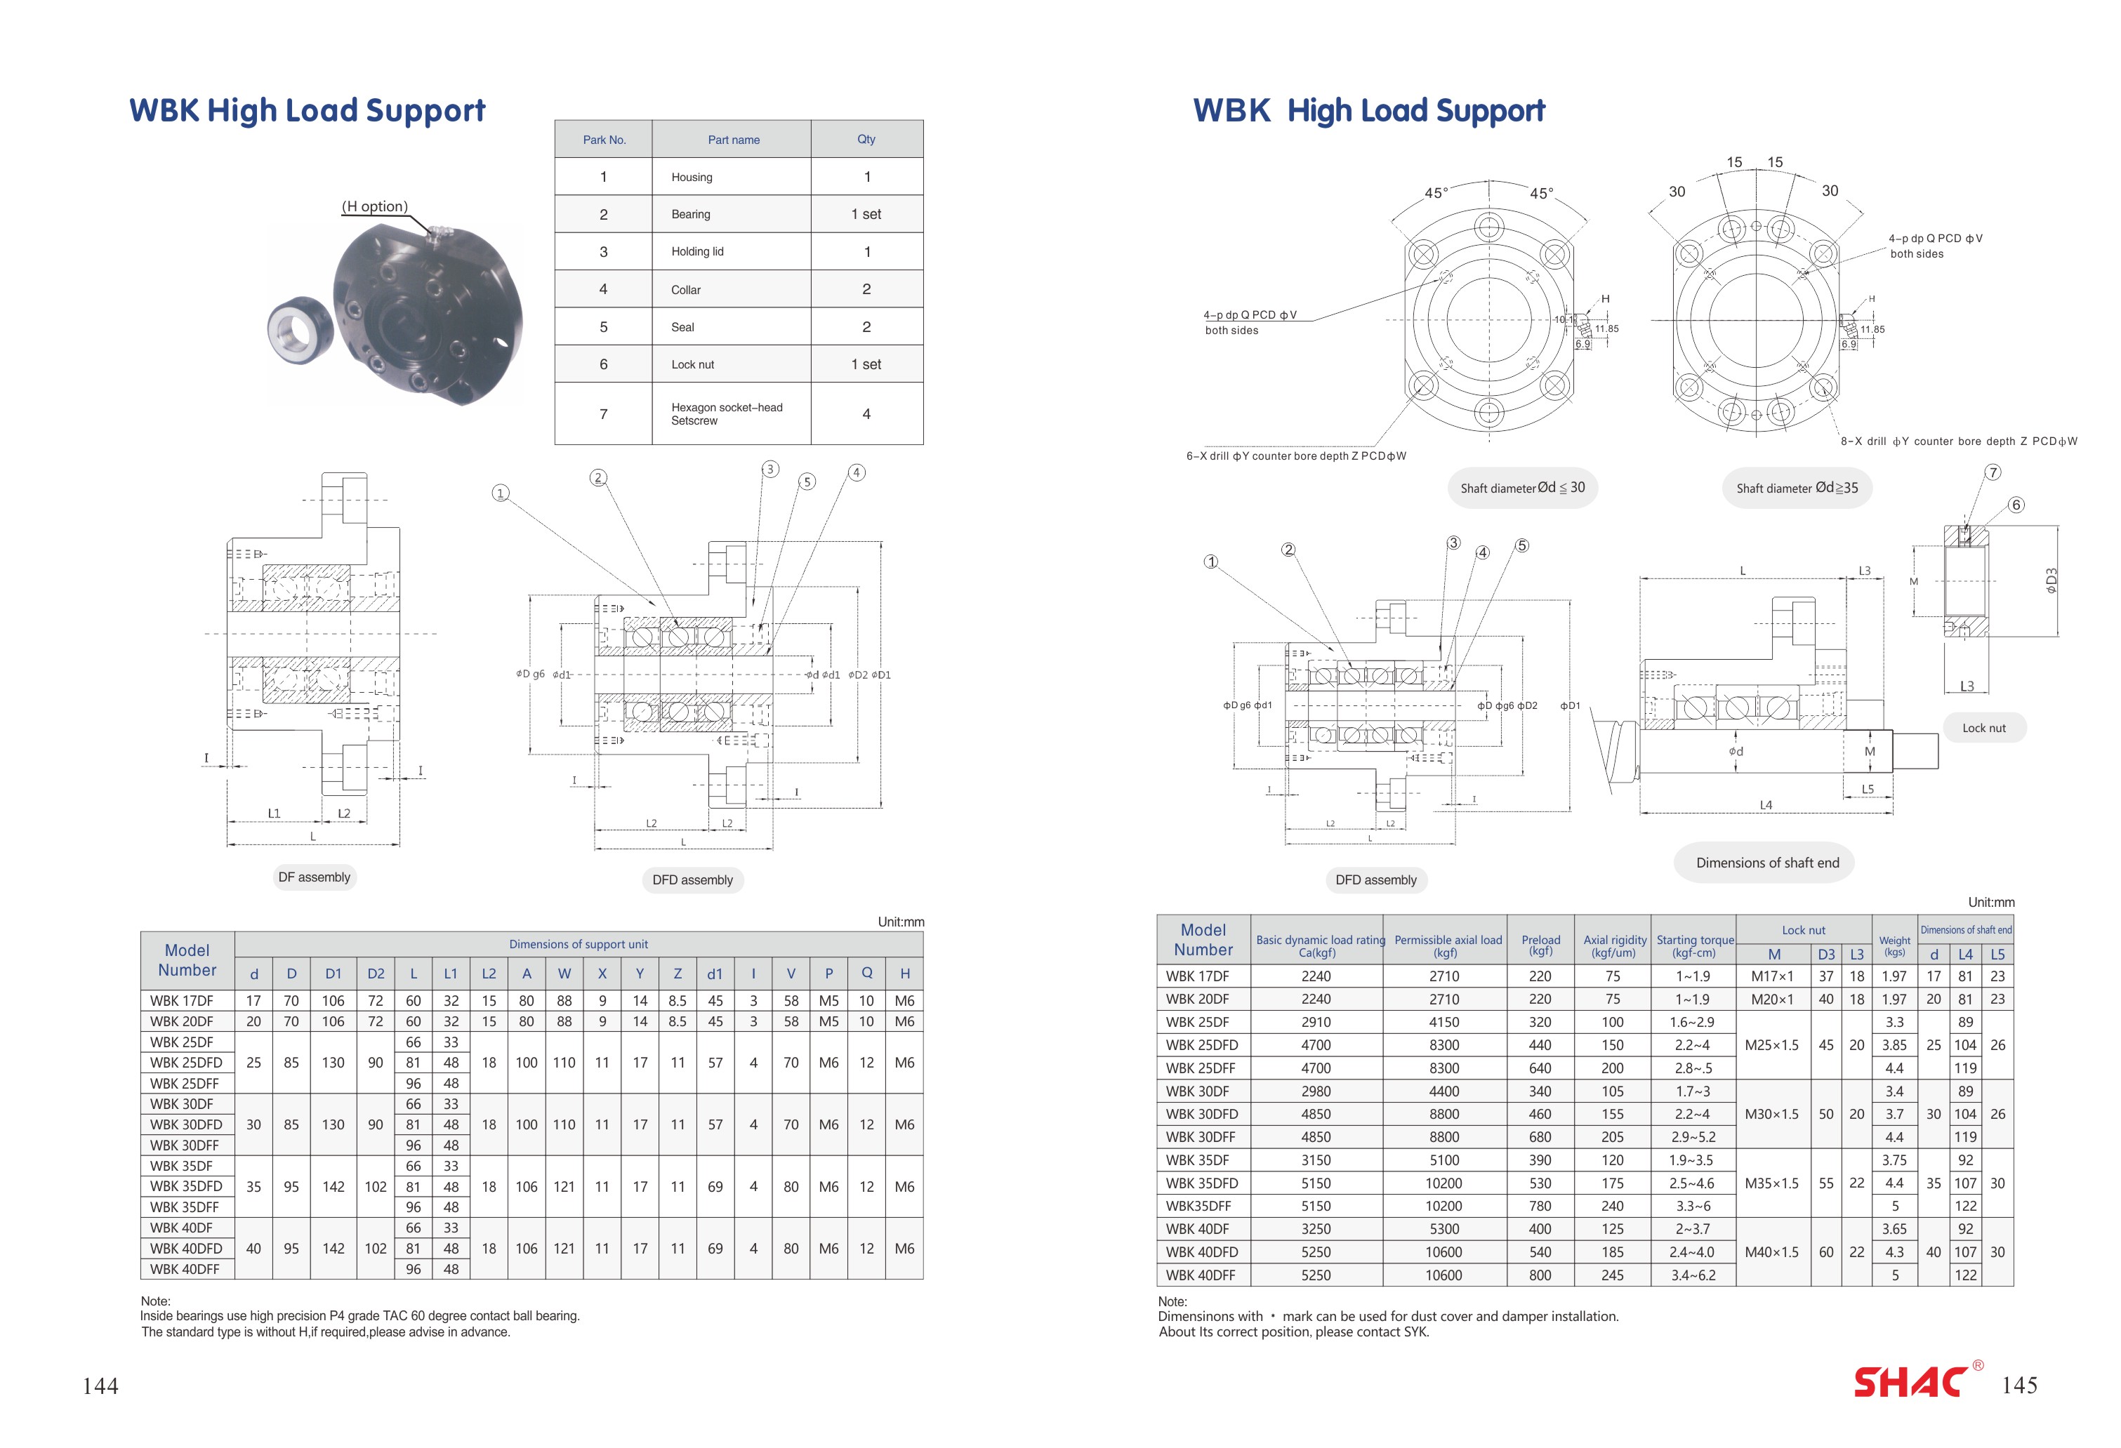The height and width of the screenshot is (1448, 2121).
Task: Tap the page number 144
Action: coord(100,1386)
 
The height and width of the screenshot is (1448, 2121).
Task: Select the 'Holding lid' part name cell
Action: coord(697,252)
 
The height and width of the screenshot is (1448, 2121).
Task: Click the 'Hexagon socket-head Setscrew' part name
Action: coord(727,414)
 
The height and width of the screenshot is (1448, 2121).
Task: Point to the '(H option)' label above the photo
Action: coord(374,206)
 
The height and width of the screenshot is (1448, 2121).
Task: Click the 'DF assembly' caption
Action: coord(314,877)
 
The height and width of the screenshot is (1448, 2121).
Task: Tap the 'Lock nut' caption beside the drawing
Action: coord(1983,728)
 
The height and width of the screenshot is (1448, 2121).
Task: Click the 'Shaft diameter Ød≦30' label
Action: coord(1522,488)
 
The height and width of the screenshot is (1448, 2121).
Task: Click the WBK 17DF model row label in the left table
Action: coord(182,1001)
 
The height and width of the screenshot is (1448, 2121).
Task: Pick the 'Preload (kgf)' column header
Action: coord(1540,945)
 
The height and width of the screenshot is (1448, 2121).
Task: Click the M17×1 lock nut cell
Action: coord(1771,976)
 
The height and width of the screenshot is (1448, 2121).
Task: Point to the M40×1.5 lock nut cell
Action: coord(1771,1252)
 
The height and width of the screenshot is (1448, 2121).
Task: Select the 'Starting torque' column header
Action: coord(1695,945)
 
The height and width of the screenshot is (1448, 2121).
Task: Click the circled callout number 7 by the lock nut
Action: coord(1993,472)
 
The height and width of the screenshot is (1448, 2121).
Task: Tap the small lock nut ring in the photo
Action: coord(293,328)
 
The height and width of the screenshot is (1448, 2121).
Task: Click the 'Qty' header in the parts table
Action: coord(866,140)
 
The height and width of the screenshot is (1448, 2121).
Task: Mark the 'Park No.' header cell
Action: coord(604,140)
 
